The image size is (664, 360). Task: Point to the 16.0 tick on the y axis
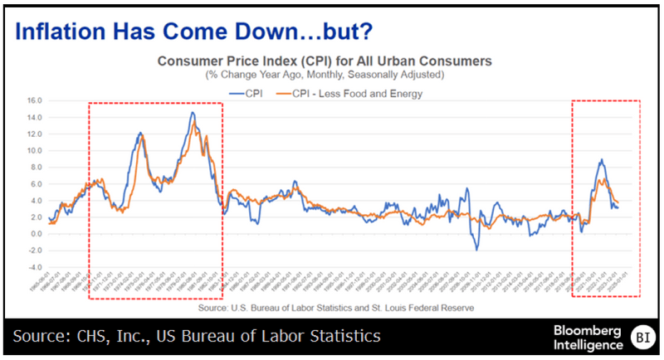[x=35, y=100]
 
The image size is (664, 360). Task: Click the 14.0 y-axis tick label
[x=35, y=117]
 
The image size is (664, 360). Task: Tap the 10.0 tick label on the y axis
[x=35, y=150]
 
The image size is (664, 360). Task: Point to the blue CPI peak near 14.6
[x=193, y=113]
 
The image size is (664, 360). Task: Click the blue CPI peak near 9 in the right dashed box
[x=601, y=160]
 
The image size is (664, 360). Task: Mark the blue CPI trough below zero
[x=477, y=249]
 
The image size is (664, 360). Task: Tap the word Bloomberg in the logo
[x=576, y=330]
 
